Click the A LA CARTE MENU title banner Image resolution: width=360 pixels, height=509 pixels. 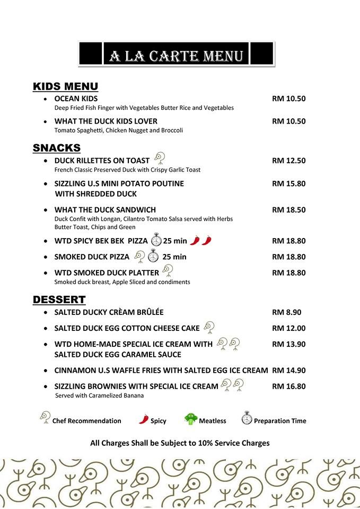pos(176,55)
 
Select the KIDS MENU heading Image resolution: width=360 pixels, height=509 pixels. pos(65,86)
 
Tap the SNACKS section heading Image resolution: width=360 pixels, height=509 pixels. pos(57,148)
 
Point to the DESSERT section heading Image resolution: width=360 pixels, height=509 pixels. pos(59,300)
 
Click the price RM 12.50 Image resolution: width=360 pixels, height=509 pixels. pos(288,161)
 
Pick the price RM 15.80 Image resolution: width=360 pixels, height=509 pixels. pos(288,183)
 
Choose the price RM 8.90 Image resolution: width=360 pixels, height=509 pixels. pos(286,312)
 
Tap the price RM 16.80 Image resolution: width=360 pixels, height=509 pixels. pos(288,386)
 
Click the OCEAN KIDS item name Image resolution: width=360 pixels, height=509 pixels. pos(76,99)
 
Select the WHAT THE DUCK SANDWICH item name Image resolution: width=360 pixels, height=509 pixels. pos(105,209)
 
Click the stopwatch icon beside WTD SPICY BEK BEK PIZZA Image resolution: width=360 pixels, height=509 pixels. pos(156,240)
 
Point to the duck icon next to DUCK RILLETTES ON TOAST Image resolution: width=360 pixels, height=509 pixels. pos(160,157)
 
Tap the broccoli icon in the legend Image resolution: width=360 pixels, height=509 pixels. pos(191,419)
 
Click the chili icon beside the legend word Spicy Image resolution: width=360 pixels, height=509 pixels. pos(144,419)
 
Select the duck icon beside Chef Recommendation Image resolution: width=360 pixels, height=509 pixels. pos(45,417)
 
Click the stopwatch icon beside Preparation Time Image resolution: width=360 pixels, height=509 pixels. pos(247,418)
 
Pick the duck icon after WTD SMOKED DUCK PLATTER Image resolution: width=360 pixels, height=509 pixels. pos(168,270)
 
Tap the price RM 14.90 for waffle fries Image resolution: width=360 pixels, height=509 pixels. pos(288,370)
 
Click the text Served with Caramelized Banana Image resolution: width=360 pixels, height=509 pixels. pos(99,396)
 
